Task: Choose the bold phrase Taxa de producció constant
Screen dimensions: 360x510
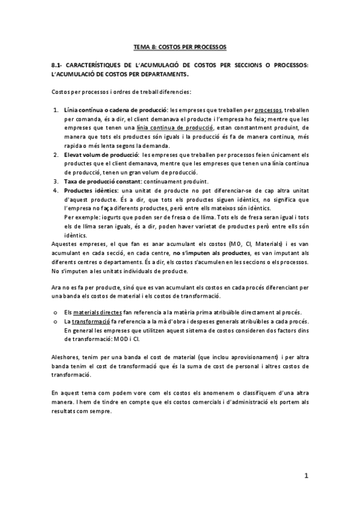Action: [x=104, y=182]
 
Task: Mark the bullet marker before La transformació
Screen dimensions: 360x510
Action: [x=55, y=322]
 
